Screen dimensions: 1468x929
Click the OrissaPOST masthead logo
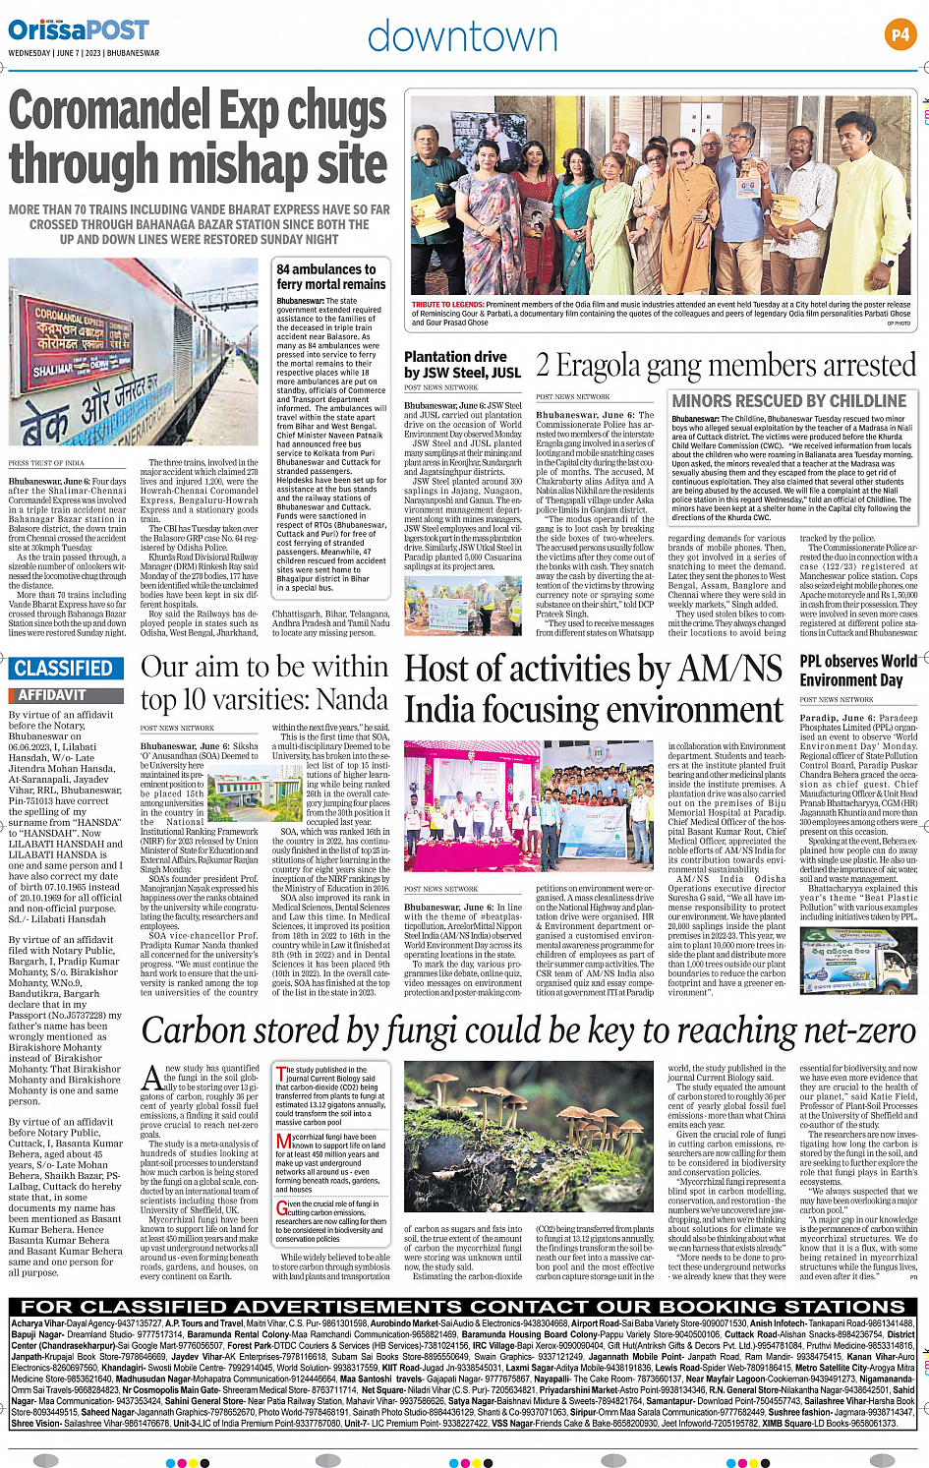tap(79, 30)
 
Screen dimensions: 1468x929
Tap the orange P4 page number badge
tap(900, 34)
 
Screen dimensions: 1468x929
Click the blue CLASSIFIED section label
tap(64, 669)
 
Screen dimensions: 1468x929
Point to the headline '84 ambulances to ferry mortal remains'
tap(331, 276)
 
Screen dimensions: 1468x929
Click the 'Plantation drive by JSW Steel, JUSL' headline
tap(462, 365)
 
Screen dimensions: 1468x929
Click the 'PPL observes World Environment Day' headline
tap(857, 671)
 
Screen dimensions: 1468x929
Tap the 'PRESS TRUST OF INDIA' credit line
tap(46, 462)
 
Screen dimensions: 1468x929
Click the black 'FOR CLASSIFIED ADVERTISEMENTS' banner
tap(463, 1307)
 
